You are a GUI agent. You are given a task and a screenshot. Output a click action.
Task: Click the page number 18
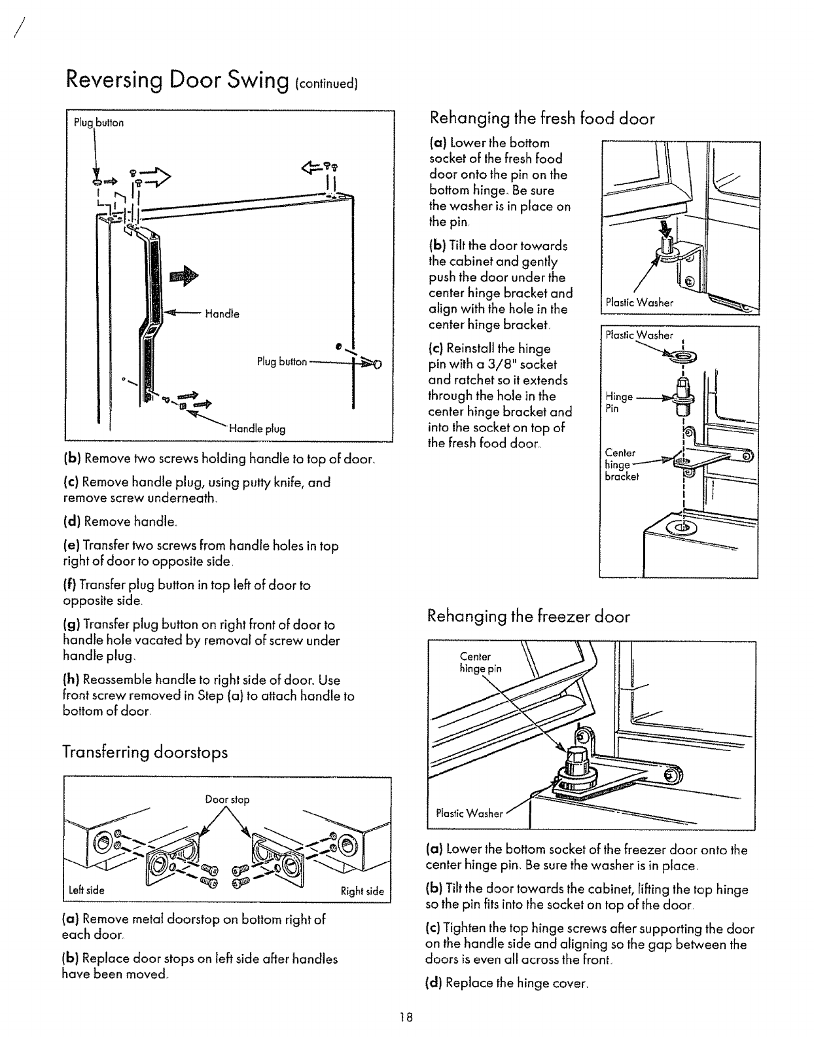408,1017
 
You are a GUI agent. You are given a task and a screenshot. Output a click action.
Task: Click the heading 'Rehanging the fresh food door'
542,118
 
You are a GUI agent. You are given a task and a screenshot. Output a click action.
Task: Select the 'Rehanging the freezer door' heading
529,616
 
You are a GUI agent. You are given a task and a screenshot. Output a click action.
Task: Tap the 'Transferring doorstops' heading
145,752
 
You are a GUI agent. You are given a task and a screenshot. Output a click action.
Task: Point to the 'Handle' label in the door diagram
222,314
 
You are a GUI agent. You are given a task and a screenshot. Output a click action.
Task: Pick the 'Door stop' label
227,799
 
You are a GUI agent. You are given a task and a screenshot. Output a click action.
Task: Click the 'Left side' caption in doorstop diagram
86,890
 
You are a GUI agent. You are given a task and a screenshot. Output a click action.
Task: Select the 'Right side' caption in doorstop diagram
362,891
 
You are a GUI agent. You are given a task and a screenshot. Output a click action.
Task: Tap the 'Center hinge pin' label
481,663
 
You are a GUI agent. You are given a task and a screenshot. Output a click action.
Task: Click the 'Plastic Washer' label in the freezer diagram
469,814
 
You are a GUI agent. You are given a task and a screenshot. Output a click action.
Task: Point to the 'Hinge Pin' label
618,402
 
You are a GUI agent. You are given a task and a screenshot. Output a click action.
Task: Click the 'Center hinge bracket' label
620,464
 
